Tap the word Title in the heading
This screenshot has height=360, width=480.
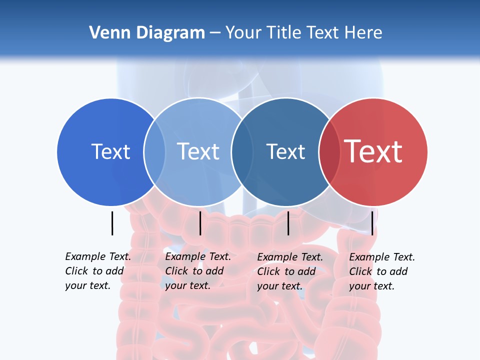286,33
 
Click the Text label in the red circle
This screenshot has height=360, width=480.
373,151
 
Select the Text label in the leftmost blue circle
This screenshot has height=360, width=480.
110,151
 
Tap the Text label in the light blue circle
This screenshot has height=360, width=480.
198,151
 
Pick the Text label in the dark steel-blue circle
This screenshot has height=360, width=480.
285,151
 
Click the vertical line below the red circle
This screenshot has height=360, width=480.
372,223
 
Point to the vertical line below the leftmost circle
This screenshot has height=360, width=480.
112,223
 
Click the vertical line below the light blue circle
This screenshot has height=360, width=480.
200,223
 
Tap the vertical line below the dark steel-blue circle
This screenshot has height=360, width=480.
288,223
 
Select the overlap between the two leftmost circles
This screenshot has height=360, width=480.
154,151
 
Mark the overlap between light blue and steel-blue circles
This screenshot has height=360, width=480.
241,151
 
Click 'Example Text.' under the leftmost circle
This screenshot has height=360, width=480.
98,256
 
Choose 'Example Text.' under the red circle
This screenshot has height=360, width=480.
382,257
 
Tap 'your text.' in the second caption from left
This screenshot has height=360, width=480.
187,285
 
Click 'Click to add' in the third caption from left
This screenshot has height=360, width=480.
286,271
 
